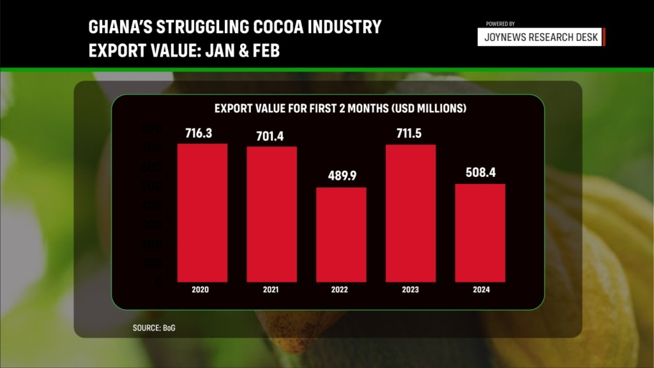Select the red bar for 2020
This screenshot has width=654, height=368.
(x=202, y=213)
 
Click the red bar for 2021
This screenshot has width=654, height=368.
(x=271, y=214)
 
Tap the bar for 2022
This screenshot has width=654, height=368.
(x=341, y=234)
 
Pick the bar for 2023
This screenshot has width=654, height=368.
(x=411, y=213)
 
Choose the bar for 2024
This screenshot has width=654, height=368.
(x=480, y=233)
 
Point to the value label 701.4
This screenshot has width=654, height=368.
(x=271, y=136)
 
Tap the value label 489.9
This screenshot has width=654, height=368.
(x=341, y=177)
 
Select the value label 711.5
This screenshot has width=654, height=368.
(x=411, y=134)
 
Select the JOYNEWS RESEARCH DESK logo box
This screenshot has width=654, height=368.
(x=541, y=37)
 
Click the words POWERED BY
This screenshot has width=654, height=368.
(x=501, y=24)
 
